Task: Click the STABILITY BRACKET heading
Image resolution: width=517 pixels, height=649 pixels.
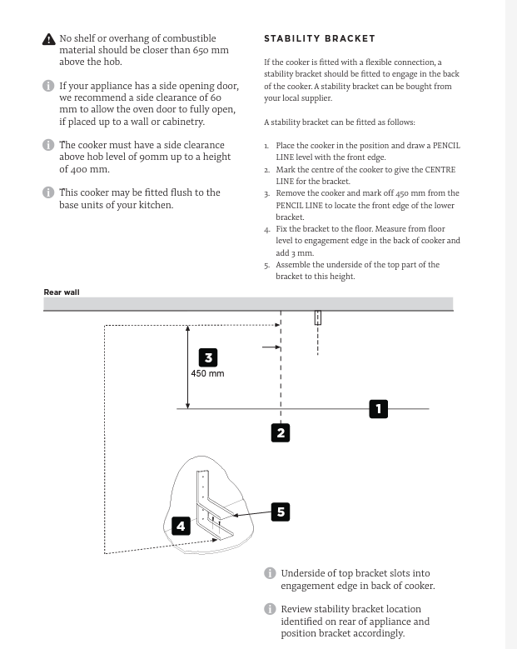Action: pyautogui.click(x=320, y=38)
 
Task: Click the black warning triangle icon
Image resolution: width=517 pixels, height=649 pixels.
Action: pyautogui.click(x=49, y=40)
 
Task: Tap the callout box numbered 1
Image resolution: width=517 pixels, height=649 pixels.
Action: pyautogui.click(x=378, y=408)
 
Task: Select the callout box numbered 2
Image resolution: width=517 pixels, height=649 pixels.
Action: pyautogui.click(x=281, y=432)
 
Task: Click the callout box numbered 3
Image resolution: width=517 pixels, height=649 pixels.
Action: pyautogui.click(x=208, y=357)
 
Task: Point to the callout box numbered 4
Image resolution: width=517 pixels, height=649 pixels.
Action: pyautogui.click(x=181, y=526)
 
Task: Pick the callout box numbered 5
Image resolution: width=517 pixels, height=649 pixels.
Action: pyautogui.click(x=281, y=512)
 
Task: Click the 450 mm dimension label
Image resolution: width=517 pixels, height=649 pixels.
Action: pyautogui.click(x=207, y=374)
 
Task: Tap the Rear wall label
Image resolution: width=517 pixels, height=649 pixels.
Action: pyautogui.click(x=62, y=292)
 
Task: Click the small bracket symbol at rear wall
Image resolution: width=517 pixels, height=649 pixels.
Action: pyautogui.click(x=317, y=317)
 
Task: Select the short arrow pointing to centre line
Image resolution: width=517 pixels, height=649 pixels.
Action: pyautogui.click(x=271, y=347)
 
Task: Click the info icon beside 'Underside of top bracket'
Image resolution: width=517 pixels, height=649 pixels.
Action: pyautogui.click(x=270, y=573)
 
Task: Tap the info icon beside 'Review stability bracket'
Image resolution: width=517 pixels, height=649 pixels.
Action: pyautogui.click(x=270, y=609)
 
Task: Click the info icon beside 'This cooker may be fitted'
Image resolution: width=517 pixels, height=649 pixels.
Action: pyautogui.click(x=48, y=192)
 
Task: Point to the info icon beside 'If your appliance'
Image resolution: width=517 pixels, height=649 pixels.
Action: pyautogui.click(x=48, y=87)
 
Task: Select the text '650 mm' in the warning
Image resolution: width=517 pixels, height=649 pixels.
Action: pyautogui.click(x=210, y=50)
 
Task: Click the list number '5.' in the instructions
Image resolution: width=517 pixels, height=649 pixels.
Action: pyautogui.click(x=267, y=265)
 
